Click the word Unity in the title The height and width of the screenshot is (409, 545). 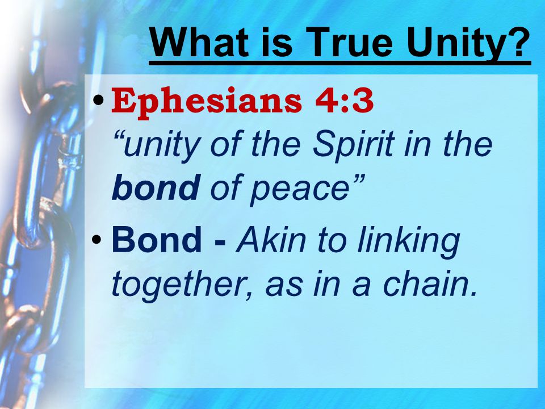453,43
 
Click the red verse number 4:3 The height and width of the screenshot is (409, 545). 344,100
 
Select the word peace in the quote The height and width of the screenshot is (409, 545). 299,192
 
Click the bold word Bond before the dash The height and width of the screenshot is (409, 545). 157,240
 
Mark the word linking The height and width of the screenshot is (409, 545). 409,243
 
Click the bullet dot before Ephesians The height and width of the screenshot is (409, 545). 98,101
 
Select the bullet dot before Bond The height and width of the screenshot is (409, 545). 97,240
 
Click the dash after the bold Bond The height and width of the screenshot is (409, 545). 220,242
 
